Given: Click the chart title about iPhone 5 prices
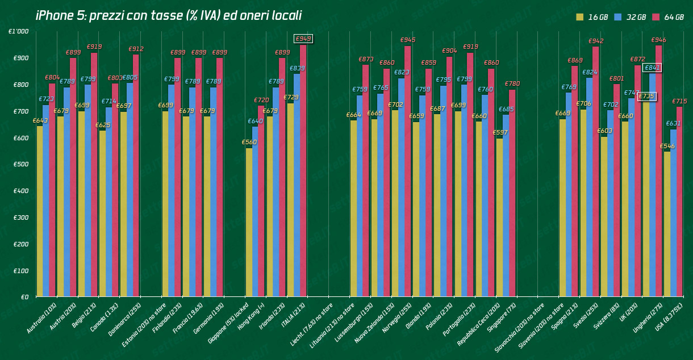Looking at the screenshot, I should pyautogui.click(x=168, y=16).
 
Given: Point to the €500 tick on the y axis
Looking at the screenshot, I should pyautogui.click(x=21, y=165).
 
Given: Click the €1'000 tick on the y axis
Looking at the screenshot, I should pyautogui.click(x=19, y=32).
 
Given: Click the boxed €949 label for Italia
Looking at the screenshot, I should pyautogui.click(x=303, y=39).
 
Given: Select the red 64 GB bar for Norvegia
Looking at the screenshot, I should pyautogui.click(x=407, y=170).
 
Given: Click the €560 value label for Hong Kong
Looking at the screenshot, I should pyautogui.click(x=249, y=143).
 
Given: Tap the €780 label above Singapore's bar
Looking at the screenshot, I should pyautogui.click(x=512, y=84).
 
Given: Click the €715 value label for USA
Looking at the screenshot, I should pyautogui.click(x=679, y=102).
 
